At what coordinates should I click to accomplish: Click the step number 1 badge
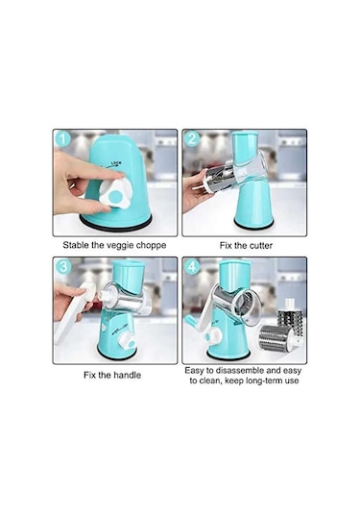tap(63, 139)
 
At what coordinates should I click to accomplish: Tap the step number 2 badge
tap(192, 139)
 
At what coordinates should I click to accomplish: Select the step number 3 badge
tap(63, 266)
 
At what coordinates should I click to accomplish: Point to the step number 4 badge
tap(192, 266)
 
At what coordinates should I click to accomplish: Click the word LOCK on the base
tap(116, 163)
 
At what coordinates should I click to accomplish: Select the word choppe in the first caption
tap(152, 246)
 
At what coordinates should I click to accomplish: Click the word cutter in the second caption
tap(261, 246)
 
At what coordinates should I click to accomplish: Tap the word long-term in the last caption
tap(260, 380)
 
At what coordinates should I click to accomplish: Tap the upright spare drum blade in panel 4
tap(291, 316)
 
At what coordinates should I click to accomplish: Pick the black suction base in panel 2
tap(253, 225)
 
